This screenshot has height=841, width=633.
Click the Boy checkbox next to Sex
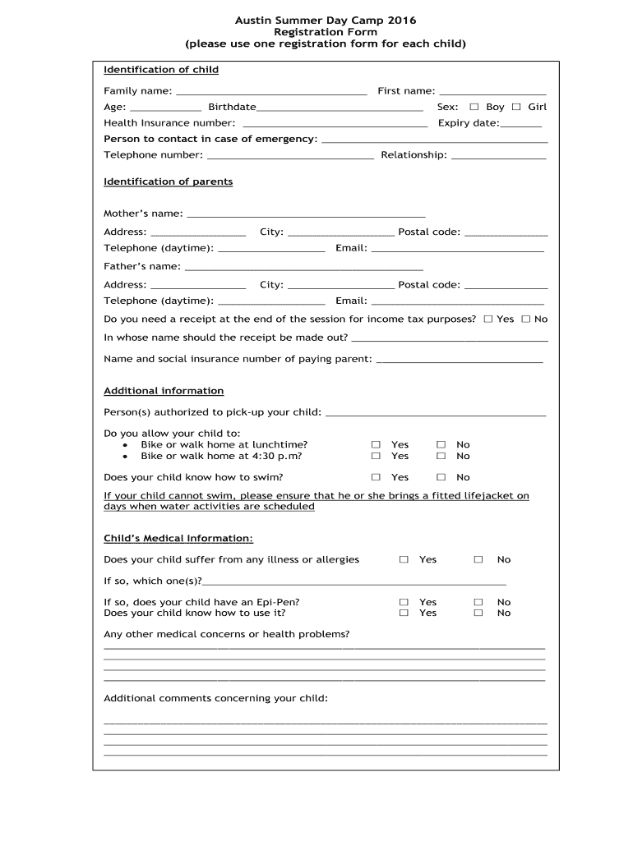tap(474, 107)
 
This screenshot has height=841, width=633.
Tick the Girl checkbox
tap(516, 107)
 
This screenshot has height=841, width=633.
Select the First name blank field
tap(492, 91)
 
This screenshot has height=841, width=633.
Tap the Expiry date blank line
tap(521, 123)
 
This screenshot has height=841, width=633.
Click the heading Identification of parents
tap(168, 182)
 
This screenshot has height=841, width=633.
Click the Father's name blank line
tap(303, 266)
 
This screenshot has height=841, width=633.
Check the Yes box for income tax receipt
tap(488, 319)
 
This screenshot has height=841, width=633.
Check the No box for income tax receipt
tap(526, 319)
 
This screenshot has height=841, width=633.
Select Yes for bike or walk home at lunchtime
tap(376, 445)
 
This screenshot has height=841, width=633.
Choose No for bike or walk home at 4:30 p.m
tap(441, 456)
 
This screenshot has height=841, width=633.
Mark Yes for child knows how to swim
tap(376, 477)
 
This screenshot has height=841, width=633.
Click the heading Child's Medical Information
tap(178, 539)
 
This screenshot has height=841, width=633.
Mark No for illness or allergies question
tap(478, 559)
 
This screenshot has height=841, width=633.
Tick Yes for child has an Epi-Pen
tap(404, 602)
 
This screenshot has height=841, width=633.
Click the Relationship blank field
tap(498, 155)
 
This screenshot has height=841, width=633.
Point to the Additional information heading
tap(164, 391)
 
